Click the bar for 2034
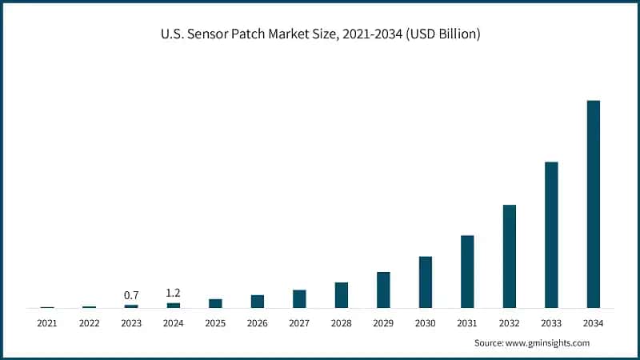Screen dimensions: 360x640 (593, 204)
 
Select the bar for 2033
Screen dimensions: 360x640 (551, 235)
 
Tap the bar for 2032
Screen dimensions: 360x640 (510, 256)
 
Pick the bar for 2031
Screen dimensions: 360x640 (467, 271)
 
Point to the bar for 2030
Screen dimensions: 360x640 (426, 282)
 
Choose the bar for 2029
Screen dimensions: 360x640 (383, 290)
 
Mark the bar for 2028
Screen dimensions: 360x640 (342, 295)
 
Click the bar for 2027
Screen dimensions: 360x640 (299, 298)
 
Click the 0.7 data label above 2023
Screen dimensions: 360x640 (131, 295)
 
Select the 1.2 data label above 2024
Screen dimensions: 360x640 (173, 293)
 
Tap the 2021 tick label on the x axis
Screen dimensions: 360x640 (47, 323)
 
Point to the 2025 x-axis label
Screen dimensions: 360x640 (215, 323)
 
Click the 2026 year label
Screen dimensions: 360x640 (257, 323)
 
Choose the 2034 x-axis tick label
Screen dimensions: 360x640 (593, 323)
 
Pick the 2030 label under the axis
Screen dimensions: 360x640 (426, 323)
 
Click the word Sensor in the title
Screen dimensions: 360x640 (207, 36)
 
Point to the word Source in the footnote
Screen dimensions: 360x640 (489, 342)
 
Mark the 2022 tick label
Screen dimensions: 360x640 (89, 323)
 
